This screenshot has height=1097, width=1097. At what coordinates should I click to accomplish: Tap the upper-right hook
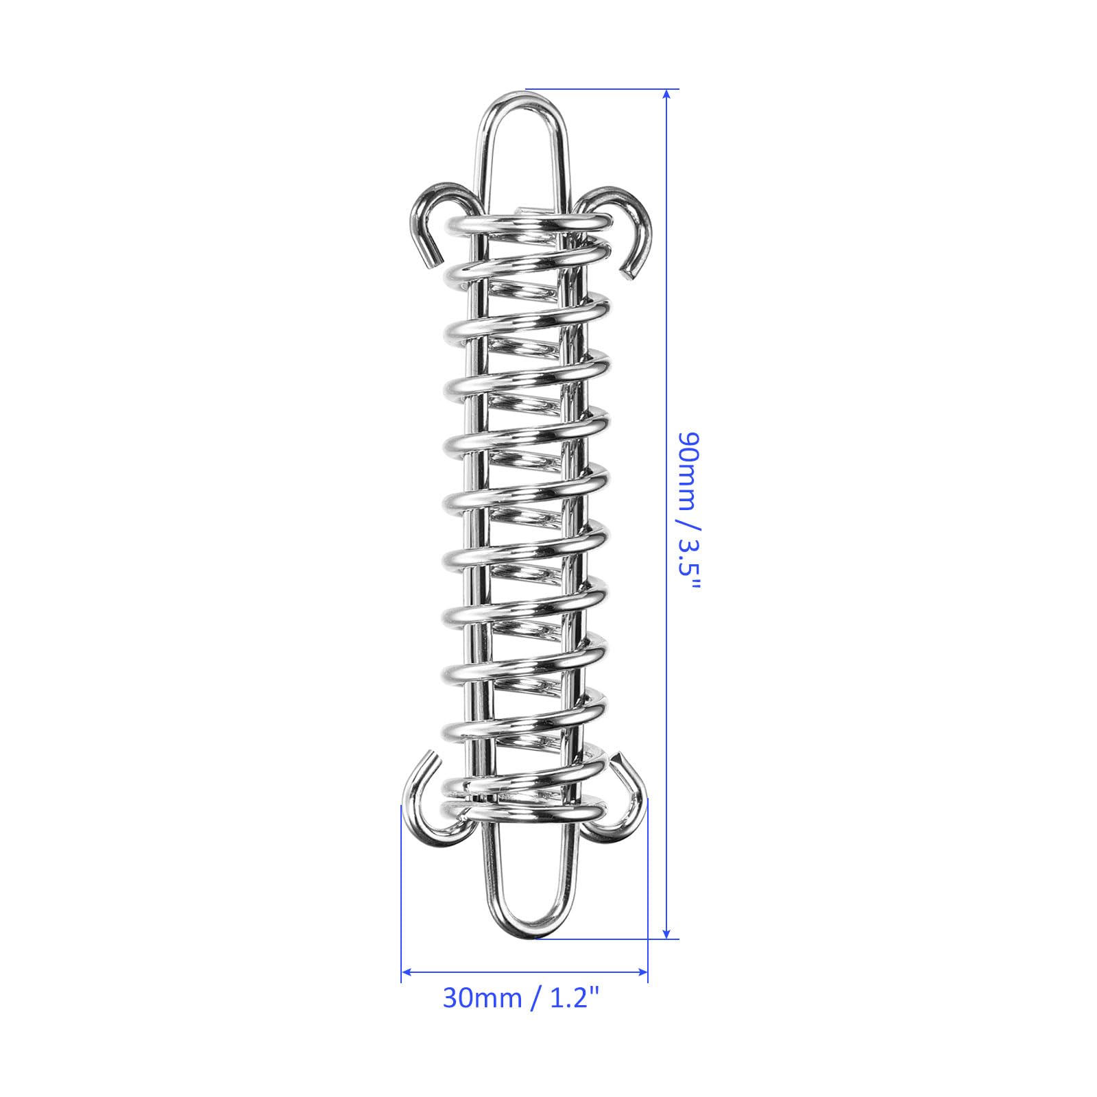pyautogui.click(x=634, y=199)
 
